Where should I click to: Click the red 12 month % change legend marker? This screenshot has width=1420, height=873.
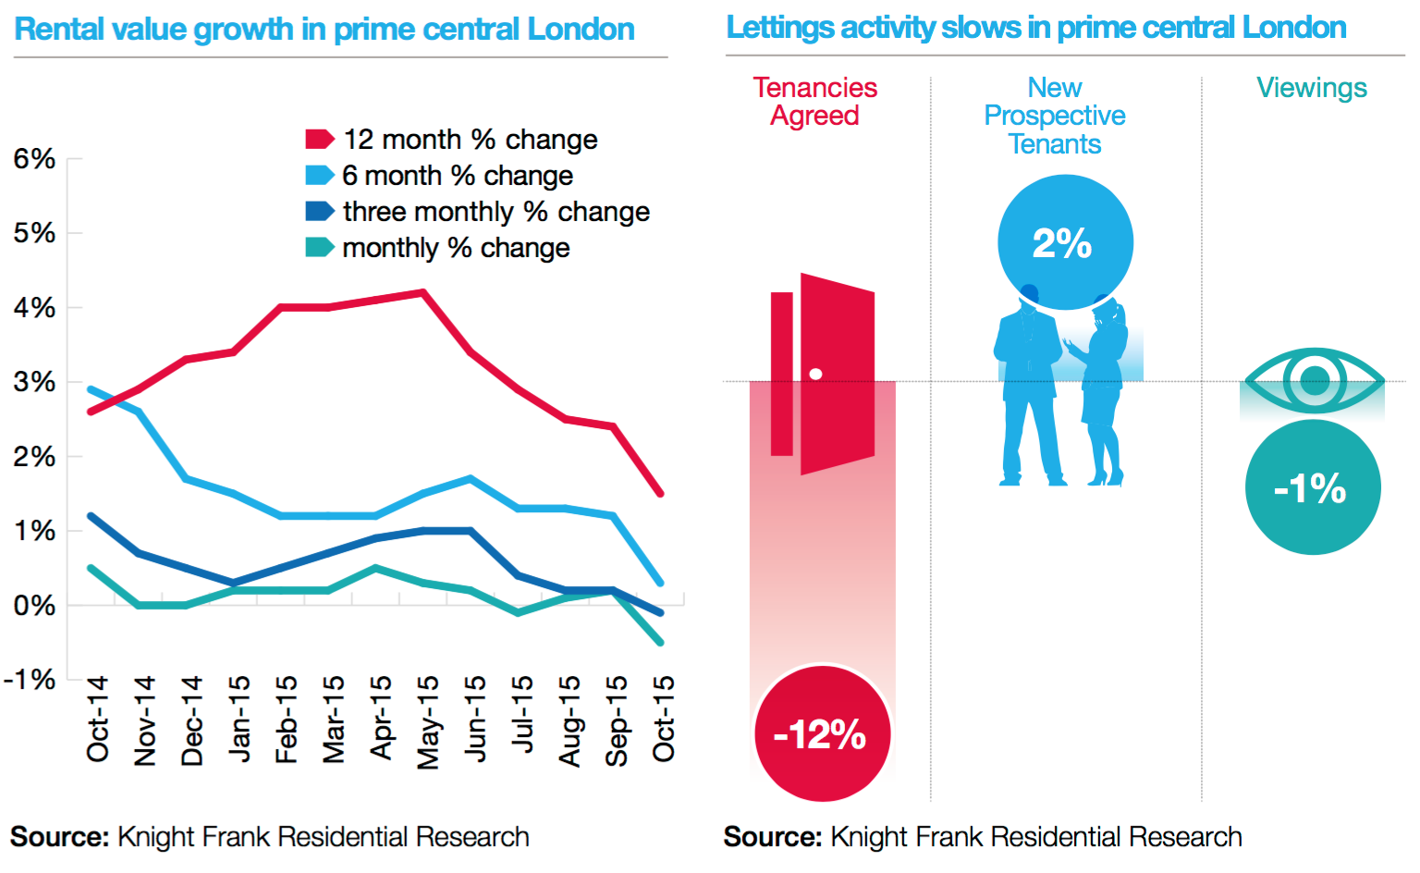pos(319,140)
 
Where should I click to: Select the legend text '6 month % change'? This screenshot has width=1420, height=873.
pos(457,176)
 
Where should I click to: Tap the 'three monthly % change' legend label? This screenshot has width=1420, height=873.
pos(496,212)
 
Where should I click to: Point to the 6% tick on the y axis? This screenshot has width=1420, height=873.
pos(34,159)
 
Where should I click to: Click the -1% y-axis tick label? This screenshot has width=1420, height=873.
pos(31,680)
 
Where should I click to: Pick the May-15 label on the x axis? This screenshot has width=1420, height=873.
pos(427,721)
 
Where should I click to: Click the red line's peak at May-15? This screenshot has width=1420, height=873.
pos(423,292)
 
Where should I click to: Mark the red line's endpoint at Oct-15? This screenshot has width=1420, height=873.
pos(660,493)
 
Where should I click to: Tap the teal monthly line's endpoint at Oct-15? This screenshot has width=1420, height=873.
pos(660,642)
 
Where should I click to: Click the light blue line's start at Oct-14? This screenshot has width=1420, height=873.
pos(91,389)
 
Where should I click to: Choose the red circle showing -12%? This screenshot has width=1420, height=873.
pos(822,733)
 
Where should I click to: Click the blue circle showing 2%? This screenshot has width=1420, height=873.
pos(1065,242)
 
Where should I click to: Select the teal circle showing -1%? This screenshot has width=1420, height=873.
pos(1312,487)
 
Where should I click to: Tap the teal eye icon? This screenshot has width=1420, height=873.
pos(1314,379)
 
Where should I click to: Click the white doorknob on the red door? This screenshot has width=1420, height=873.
pos(815,375)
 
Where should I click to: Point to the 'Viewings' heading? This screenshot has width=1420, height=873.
pos(1311,88)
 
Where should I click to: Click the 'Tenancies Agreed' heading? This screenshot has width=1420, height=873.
pos(814,102)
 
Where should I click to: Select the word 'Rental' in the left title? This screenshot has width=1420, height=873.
pos(58,30)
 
